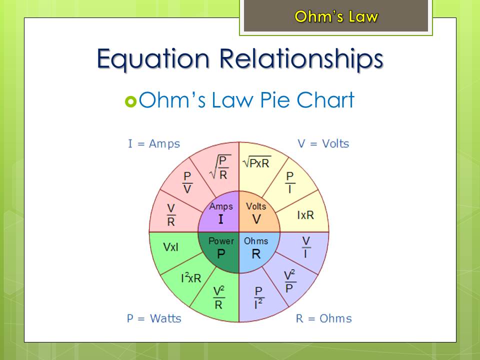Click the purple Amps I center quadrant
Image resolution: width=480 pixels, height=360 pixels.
[x=221, y=214]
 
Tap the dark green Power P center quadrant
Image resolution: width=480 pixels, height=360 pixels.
[x=221, y=249]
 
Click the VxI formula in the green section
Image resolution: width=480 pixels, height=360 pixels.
[x=171, y=247]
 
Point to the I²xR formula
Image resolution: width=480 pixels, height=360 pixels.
[x=191, y=277]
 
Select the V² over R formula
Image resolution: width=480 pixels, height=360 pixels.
[x=219, y=297]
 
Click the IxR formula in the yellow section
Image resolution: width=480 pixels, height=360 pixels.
[x=305, y=215]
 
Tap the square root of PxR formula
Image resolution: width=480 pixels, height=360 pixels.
[x=256, y=162]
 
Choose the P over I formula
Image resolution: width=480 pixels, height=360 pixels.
[x=289, y=182]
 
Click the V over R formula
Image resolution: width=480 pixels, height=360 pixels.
[x=171, y=215]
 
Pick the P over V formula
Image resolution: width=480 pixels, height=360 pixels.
[x=187, y=182]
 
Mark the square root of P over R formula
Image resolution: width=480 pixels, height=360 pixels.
[x=220, y=167]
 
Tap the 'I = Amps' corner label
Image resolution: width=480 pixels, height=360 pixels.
[x=154, y=143]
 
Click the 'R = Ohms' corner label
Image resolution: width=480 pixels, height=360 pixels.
[x=324, y=318]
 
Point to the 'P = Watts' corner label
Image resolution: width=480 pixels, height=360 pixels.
[x=154, y=318]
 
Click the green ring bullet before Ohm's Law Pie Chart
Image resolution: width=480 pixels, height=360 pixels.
[x=130, y=101]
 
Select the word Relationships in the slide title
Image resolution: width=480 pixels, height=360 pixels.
[x=301, y=59]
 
